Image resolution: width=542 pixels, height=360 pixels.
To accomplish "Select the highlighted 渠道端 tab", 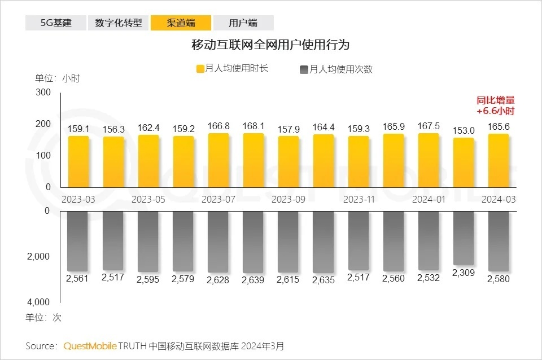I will pyautogui.click(x=181, y=23).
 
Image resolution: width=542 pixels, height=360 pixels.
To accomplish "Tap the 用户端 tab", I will pyautogui.click(x=243, y=23).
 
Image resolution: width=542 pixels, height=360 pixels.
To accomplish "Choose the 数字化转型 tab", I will pyautogui.click(x=119, y=23).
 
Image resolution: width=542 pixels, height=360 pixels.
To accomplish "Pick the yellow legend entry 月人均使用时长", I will pyautogui.click(x=231, y=69).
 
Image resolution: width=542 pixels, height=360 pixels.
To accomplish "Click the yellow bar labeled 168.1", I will pyautogui.click(x=253, y=161).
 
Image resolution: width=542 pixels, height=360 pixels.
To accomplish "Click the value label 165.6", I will pyautogui.click(x=499, y=127).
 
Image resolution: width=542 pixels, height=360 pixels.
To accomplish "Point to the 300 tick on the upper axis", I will pyautogui.click(x=43, y=93).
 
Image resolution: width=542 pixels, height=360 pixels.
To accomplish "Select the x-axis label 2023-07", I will pyautogui.click(x=218, y=199).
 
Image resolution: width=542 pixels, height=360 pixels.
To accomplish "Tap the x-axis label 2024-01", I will pyautogui.click(x=429, y=199).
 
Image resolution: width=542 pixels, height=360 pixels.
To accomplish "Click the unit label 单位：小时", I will pyautogui.click(x=58, y=78).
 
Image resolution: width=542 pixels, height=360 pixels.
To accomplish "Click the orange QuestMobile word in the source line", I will pyautogui.click(x=90, y=345).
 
